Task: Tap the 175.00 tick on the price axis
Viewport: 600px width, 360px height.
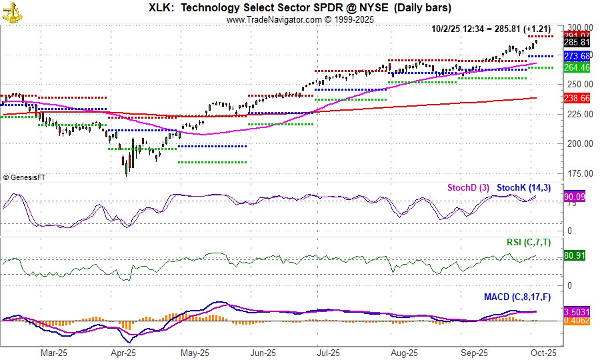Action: (577, 173)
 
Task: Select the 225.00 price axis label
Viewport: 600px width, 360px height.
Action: (577, 114)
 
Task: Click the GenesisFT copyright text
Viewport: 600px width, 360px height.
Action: (27, 177)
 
